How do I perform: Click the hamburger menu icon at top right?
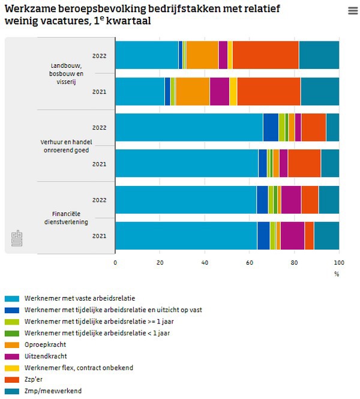pyautogui.click(x=353, y=11)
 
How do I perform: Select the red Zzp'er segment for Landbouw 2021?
pyautogui.click(x=268, y=91)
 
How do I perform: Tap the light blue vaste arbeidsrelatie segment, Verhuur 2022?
pyautogui.click(x=188, y=127)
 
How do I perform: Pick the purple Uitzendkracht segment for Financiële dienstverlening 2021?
pyautogui.click(x=292, y=235)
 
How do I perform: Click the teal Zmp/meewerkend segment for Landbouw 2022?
pyautogui.click(x=319, y=55)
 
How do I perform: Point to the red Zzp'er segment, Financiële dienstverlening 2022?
pyautogui.click(x=310, y=199)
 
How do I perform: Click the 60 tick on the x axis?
pyautogui.click(x=250, y=262)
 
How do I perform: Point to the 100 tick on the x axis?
pyautogui.click(x=339, y=262)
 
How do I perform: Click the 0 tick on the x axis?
pyautogui.click(x=115, y=262)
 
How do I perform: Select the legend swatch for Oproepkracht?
pyautogui.click(x=12, y=344)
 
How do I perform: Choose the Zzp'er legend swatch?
pyautogui.click(x=12, y=379)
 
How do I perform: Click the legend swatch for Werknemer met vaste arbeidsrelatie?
pyautogui.click(x=12, y=298)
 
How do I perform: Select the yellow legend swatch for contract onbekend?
pyautogui.click(x=12, y=367)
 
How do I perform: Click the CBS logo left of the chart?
pyautogui.click(x=16, y=238)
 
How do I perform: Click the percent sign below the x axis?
pyautogui.click(x=337, y=274)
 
